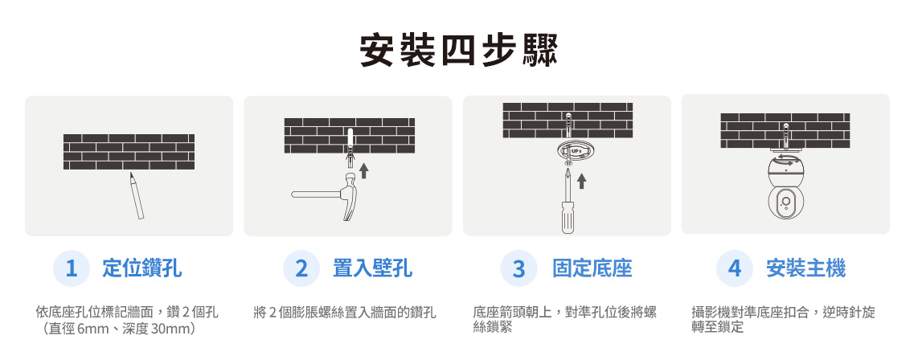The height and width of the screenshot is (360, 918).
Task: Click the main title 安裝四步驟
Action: coord(458,51)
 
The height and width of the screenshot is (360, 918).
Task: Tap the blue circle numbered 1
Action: coord(72,268)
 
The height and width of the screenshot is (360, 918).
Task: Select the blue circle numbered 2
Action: coord(301,268)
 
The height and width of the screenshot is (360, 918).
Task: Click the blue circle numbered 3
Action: coord(518,268)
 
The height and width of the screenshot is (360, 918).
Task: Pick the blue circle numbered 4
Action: coord(734,268)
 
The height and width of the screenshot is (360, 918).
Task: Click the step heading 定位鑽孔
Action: coord(141,268)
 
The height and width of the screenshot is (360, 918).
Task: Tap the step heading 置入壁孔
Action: coord(372,268)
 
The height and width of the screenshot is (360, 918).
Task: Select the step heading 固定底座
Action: coord(592,268)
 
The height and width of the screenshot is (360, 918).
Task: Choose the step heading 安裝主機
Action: coord(805,268)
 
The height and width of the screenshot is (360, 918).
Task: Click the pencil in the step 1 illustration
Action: coord(137,196)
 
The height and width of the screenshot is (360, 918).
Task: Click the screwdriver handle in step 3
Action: coord(568,217)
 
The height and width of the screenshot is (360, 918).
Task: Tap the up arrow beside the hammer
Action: coord(364,170)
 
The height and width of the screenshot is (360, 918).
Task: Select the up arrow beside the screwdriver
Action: coord(581,181)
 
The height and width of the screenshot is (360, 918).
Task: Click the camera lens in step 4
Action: coord(785,202)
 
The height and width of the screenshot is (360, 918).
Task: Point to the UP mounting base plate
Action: coord(572,151)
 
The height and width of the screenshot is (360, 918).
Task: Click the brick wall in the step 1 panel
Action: coord(129,152)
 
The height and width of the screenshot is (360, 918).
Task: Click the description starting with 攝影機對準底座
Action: coord(783,320)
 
